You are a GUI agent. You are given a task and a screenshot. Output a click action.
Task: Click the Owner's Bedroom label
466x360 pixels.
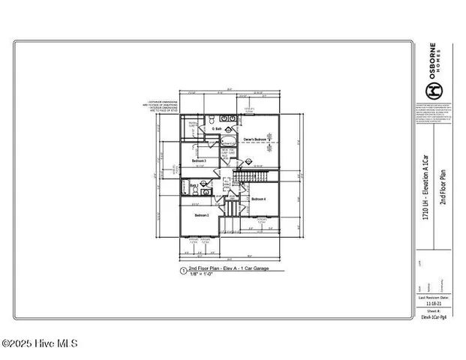point(256,139)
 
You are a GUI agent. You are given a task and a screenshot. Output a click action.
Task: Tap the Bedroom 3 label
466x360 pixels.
point(200,161)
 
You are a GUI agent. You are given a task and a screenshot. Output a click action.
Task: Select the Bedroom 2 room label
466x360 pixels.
point(202,215)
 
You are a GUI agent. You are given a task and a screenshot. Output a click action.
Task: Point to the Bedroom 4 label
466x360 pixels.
point(259,199)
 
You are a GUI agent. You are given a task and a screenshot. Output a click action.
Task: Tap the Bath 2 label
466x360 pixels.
point(193,184)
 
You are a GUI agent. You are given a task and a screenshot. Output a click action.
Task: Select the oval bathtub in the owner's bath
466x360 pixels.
point(230,141)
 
